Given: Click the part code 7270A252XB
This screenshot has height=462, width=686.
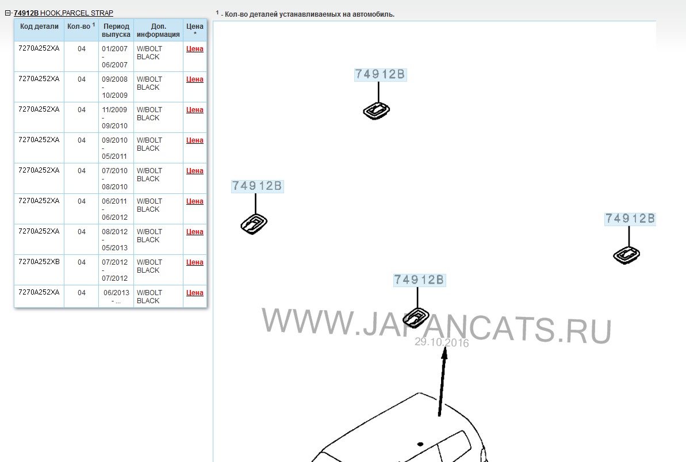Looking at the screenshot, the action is [39, 262].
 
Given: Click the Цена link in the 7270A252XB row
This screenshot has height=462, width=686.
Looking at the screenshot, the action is [195, 262].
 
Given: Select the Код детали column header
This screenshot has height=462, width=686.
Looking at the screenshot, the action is [39, 26].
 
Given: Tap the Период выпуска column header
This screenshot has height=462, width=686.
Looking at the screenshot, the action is [116, 30].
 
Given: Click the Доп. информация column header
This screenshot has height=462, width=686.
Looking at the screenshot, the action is [158, 30].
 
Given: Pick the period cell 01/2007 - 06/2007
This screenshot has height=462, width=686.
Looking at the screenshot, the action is [114, 56].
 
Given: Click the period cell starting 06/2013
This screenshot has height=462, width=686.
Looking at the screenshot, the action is [116, 296].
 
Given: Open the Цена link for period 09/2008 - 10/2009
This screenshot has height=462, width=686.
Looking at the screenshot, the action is [195, 79].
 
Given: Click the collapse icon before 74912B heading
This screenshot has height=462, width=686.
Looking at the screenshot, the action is [7, 13].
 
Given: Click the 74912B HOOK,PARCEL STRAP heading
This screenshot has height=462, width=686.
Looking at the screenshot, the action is [63, 13].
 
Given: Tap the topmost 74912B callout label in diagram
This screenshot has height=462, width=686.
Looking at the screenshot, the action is [380, 74].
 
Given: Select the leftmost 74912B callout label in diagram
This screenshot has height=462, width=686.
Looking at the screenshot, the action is [257, 186].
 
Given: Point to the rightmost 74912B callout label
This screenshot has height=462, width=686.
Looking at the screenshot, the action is [630, 219].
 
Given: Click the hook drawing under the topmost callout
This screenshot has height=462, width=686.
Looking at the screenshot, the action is [376, 111].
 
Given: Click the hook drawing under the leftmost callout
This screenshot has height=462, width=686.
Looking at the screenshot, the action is [254, 224].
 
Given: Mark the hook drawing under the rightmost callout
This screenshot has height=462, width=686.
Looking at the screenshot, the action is [627, 255].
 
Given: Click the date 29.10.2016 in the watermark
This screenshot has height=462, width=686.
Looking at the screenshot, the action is [442, 342].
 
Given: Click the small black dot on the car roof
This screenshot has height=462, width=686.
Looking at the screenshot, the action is [420, 444].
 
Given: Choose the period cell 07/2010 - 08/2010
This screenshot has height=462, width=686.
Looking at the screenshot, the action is [114, 179].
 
